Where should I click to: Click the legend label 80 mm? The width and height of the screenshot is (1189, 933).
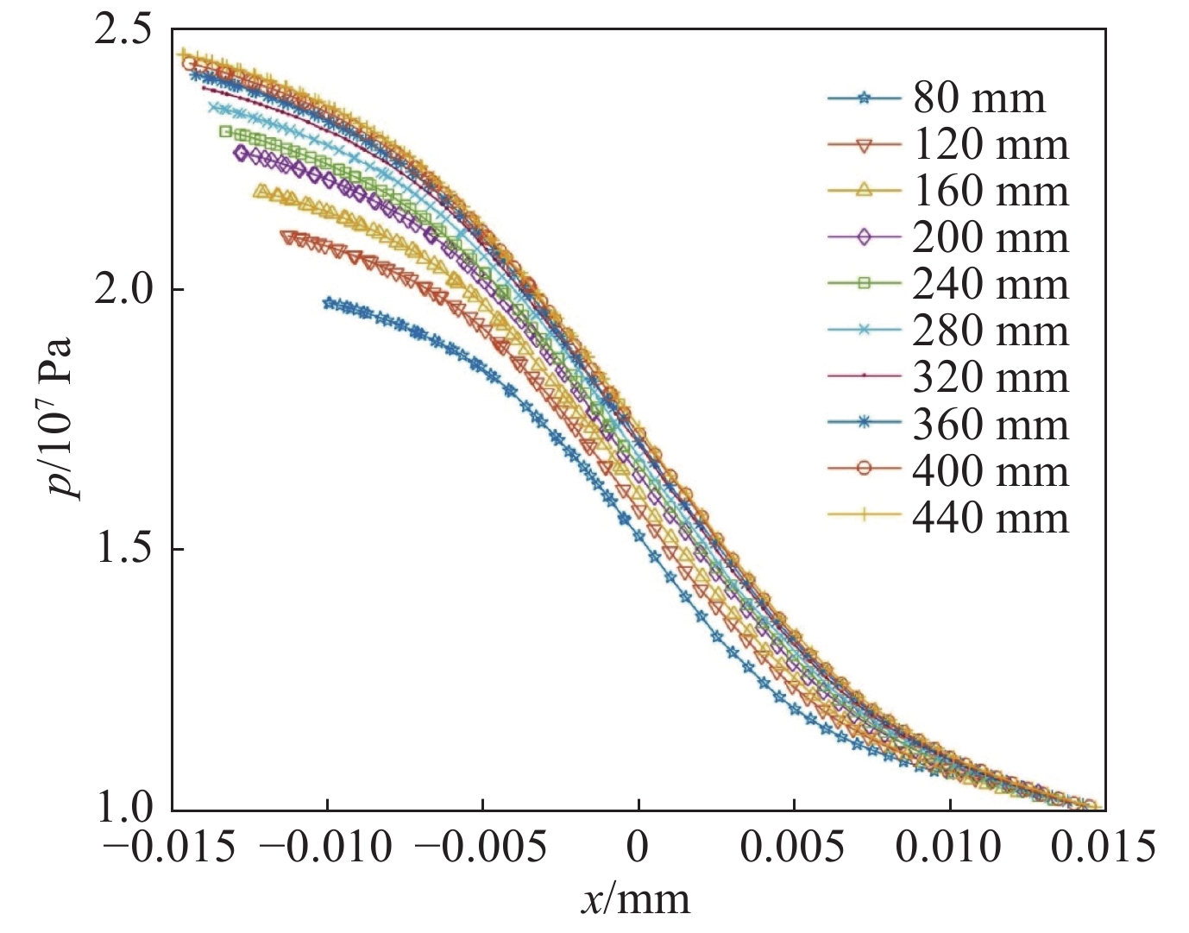click(979, 98)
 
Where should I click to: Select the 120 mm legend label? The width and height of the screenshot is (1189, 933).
click(991, 145)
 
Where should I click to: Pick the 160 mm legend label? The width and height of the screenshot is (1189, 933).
click(991, 192)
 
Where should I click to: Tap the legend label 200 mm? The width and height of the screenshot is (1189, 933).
click(991, 238)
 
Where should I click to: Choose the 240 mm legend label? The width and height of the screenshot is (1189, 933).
click(991, 285)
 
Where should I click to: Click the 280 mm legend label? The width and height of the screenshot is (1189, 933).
click(991, 331)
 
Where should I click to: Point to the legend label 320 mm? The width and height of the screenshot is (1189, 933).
click(991, 378)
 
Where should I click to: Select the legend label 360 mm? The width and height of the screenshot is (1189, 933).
click(991, 425)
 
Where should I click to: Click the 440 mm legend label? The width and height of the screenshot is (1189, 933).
click(991, 518)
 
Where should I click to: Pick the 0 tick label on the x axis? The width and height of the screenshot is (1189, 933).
click(639, 848)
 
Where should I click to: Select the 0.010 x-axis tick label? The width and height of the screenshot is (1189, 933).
click(948, 848)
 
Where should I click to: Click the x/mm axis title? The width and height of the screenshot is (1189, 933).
click(635, 900)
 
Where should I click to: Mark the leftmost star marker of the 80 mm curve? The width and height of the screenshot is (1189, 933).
click(328, 303)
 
